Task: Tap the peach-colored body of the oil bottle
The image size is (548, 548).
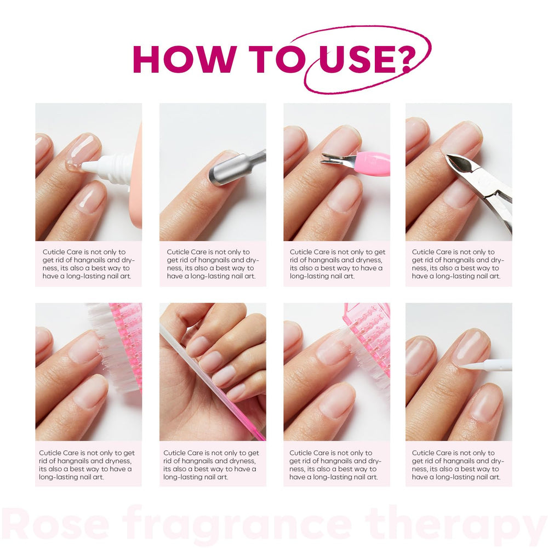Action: tap(136, 181)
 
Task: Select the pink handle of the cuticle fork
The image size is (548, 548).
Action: tap(373, 163)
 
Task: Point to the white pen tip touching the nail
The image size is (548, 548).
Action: tap(471, 366)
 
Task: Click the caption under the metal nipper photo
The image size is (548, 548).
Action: tap(458, 264)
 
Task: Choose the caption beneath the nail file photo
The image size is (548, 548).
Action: tap(212, 465)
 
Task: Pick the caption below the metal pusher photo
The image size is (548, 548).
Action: tap(212, 264)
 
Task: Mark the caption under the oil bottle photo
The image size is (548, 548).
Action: tap(88, 264)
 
